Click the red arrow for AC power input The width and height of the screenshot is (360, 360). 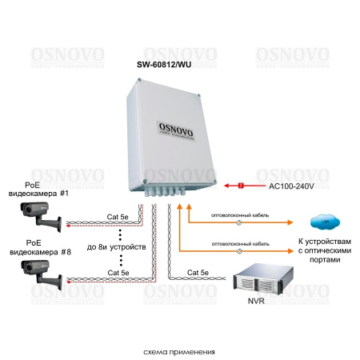240,186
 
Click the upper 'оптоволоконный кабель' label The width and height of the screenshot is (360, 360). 239,215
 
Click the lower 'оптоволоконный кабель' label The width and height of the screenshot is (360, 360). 239,242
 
